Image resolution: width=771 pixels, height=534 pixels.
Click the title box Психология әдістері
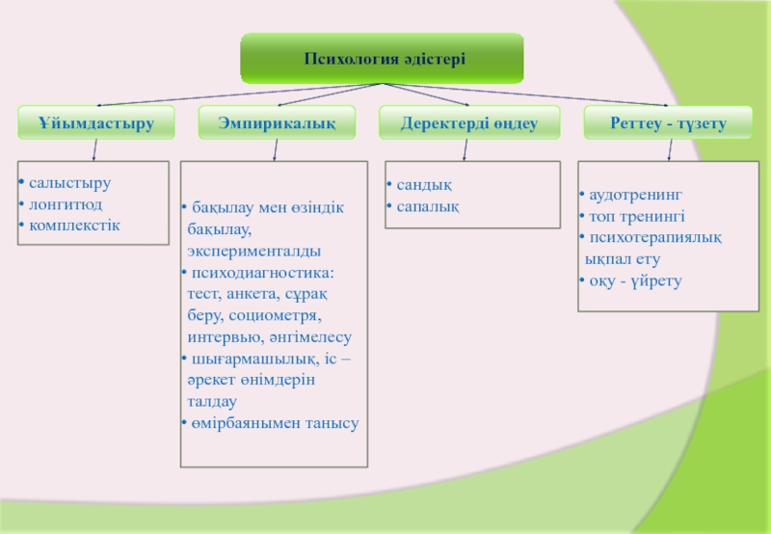[x=384, y=59]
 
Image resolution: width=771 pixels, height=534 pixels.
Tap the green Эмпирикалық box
[x=276, y=121]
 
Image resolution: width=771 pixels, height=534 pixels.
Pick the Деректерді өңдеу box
[x=467, y=121]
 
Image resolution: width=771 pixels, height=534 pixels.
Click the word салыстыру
[x=69, y=182]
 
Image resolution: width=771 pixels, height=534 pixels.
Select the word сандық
[x=425, y=183]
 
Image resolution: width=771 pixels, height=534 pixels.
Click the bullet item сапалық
[x=428, y=205]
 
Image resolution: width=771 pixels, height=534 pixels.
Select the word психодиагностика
[x=256, y=273]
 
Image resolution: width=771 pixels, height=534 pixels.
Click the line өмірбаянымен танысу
[x=275, y=423]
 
